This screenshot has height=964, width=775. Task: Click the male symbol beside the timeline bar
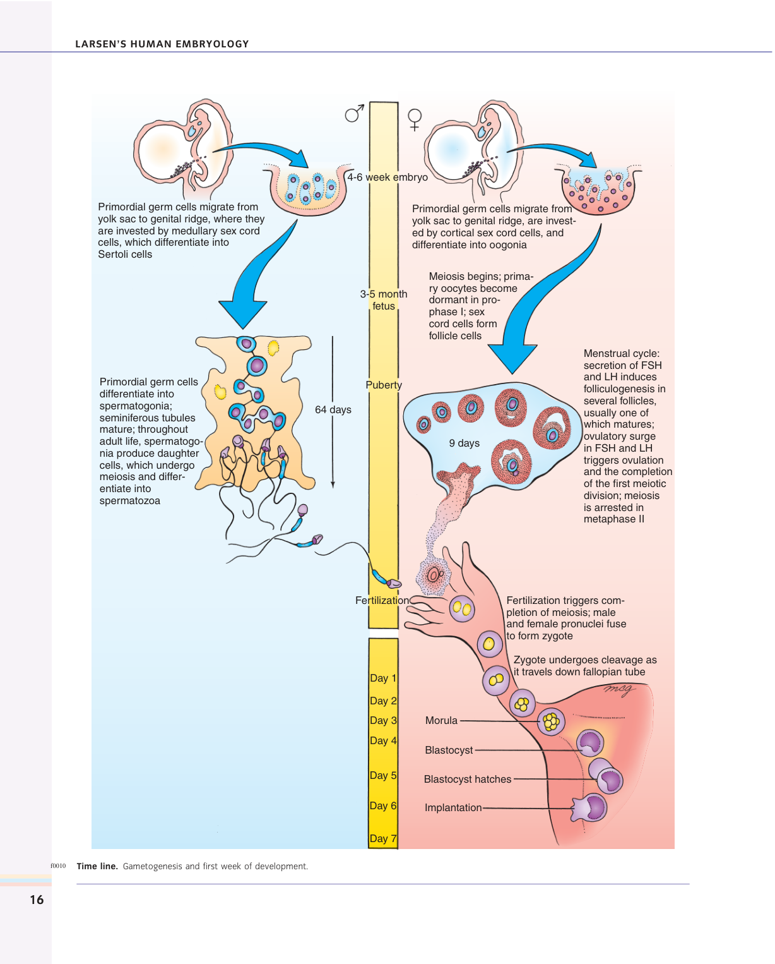pos(354,114)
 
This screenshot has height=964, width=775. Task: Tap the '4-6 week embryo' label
pos(387,178)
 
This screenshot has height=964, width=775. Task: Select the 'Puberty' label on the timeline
pos(384,385)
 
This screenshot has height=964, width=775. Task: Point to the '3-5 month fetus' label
pos(384,300)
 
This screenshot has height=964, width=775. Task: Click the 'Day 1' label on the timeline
pos(383,678)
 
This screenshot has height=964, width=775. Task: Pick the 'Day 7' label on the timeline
pos(383,839)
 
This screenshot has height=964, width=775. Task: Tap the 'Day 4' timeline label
pos(383,740)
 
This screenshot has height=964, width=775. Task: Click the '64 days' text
pos(333,410)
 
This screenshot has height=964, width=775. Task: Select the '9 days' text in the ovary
pos(464,443)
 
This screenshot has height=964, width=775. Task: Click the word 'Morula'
pos(441,721)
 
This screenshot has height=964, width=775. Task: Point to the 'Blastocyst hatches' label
pos(468,780)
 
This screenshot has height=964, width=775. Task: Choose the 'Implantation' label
pos(453,808)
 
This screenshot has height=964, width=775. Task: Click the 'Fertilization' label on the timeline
pos(382,601)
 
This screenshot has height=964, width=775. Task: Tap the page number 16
pos(37,900)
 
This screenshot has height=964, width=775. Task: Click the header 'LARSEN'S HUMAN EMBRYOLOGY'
pos(162,44)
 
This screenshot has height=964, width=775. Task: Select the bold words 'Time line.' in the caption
pos(97,867)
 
